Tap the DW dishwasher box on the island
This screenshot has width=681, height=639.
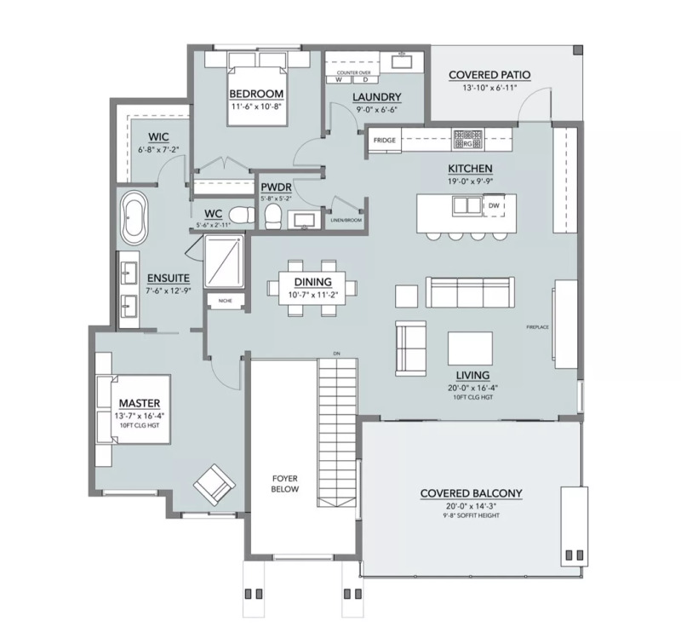[494, 205]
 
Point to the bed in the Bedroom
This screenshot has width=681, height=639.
[255, 84]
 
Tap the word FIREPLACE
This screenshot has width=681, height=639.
[538, 326]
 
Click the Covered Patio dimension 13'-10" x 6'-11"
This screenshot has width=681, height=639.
[489, 88]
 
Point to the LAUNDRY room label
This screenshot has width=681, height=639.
[377, 97]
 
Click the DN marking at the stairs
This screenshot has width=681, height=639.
[336, 353]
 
